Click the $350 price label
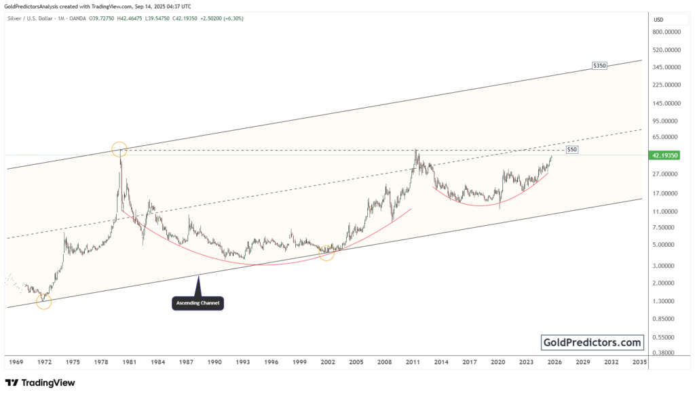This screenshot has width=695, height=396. coord(599,66)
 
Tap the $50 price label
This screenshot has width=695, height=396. coord(571,148)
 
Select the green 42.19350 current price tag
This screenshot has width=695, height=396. coord(665,155)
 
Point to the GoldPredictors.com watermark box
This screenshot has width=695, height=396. coord(592,342)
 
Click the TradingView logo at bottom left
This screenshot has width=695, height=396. coord(40,383)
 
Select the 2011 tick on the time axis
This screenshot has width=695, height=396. coord(413,363)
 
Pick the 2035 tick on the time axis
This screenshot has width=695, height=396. coord(639,363)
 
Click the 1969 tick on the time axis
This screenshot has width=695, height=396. coord(16,363)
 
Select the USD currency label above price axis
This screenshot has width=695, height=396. coord(658,20)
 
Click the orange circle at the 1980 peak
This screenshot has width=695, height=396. coord(119,150)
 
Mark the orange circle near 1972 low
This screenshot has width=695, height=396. coord(43,301)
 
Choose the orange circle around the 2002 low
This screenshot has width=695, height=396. coord(326,253)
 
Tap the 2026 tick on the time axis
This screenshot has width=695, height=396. coord(555,363)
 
